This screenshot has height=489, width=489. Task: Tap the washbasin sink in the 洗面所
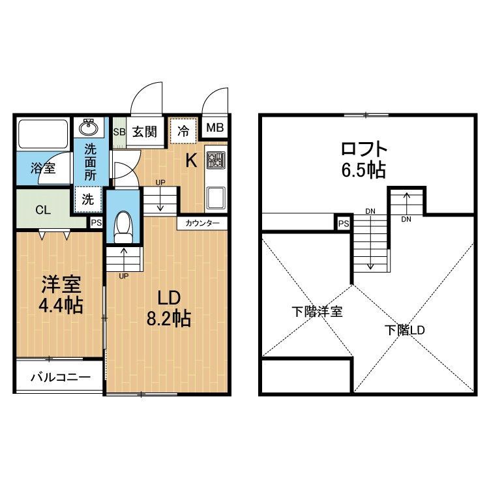click(x=89, y=127)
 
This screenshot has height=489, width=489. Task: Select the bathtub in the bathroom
click(x=43, y=134)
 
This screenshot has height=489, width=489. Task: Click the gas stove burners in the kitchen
click(x=216, y=160)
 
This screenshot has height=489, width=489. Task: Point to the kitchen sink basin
click(x=215, y=198)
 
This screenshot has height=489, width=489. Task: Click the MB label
click(x=215, y=128)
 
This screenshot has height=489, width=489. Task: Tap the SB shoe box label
click(x=119, y=132)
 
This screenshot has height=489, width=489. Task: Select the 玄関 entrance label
click(x=145, y=132)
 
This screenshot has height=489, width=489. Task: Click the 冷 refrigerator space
click(x=183, y=131)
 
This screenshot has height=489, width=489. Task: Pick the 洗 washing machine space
click(x=88, y=200)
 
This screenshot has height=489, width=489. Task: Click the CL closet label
click(x=43, y=210)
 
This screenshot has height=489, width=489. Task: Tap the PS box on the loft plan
click(x=344, y=223)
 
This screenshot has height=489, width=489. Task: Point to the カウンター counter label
click(x=202, y=223)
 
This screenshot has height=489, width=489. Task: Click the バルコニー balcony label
click(x=61, y=378)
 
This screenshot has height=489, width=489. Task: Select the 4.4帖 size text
click(x=61, y=306)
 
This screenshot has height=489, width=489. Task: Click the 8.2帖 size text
click(x=169, y=318)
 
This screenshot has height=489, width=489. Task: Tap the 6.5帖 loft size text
click(x=364, y=170)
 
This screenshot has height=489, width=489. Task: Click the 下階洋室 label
click(x=317, y=312)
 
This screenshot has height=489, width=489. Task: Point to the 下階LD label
click(x=404, y=330)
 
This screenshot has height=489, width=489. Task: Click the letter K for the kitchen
click(x=191, y=161)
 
